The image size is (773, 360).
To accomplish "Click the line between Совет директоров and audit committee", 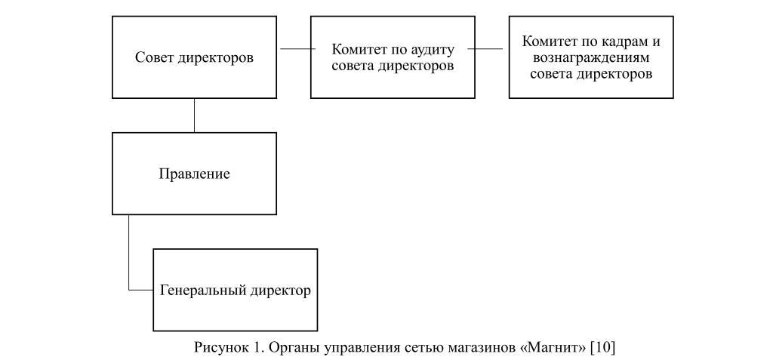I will click(294, 49).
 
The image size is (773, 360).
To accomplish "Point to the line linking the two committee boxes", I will click(488, 49).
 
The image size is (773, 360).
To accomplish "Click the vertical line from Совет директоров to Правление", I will click(194, 115).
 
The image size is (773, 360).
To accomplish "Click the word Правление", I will click(194, 174).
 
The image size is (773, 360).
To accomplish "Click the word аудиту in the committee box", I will click(429, 50).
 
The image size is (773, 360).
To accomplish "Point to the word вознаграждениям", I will click(591, 57).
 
